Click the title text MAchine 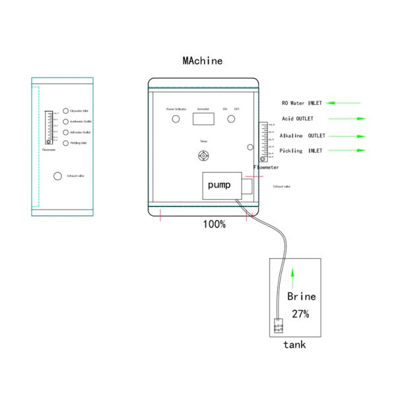203,61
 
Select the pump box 219,185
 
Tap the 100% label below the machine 214,224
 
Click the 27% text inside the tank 300,313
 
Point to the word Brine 301,296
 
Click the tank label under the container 294,345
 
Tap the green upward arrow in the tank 294,278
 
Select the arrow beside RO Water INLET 344,103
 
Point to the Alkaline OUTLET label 302,135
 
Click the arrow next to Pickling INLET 346,150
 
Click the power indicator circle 176,119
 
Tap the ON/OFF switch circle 231,119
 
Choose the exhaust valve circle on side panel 57,176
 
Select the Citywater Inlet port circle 65,111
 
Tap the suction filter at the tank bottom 279,326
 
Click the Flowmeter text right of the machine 266,168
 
